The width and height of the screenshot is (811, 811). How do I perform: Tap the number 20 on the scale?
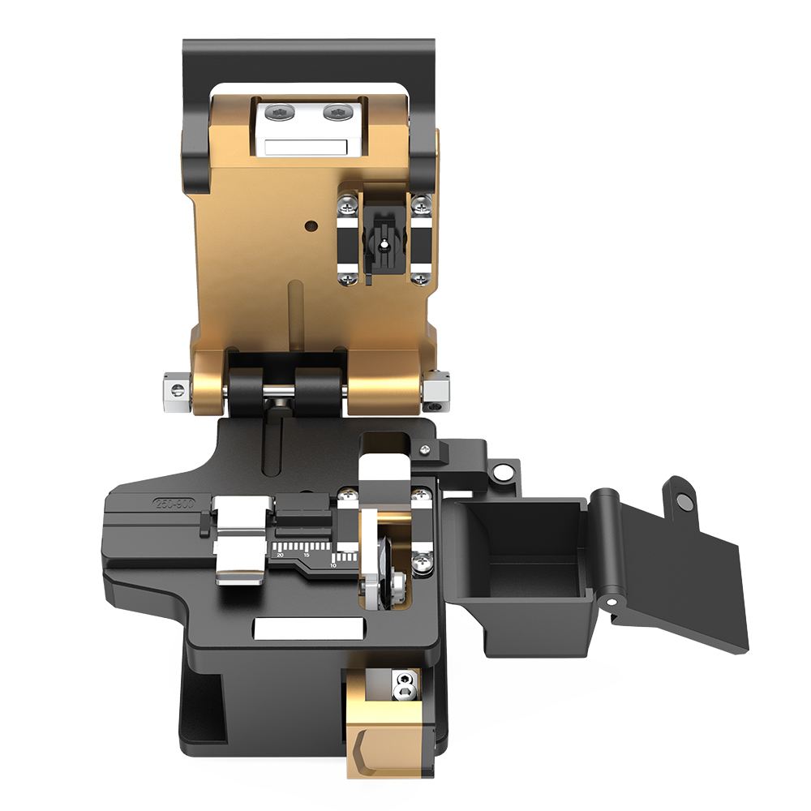[280, 556]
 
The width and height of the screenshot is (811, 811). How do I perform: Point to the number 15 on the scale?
[306, 556]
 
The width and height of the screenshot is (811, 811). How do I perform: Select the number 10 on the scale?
[333, 564]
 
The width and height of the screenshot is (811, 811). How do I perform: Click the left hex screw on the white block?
[277, 113]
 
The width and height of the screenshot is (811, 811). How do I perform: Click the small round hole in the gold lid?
[308, 224]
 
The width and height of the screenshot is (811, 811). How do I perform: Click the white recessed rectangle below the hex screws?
[301, 147]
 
